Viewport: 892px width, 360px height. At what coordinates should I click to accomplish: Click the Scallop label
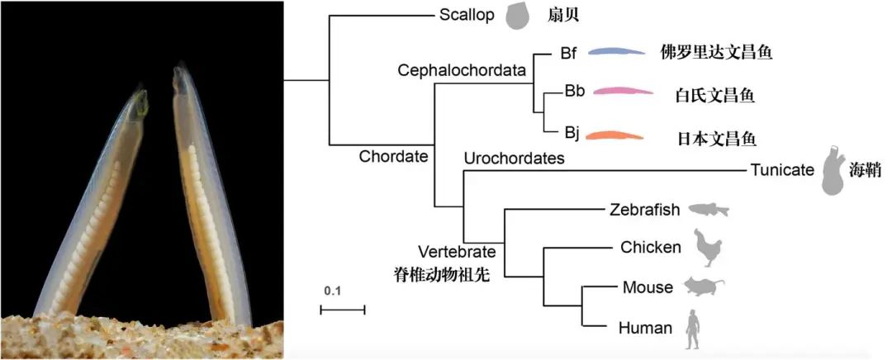point(467,15)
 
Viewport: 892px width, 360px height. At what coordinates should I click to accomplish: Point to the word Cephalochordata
point(463,70)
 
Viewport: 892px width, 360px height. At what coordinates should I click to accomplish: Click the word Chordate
point(392,156)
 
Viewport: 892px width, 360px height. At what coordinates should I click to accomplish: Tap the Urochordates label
point(514,159)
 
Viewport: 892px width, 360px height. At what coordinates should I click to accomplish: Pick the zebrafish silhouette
point(710,210)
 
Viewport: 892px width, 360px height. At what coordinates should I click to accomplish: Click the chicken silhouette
point(707,247)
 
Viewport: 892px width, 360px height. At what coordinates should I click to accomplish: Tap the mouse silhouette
point(703,287)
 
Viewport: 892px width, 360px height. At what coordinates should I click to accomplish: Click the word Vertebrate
point(457,252)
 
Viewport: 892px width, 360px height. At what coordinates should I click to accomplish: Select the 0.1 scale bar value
point(332,291)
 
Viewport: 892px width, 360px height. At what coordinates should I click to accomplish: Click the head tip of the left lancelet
point(144,97)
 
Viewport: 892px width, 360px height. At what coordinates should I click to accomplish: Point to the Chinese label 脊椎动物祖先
point(443,274)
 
